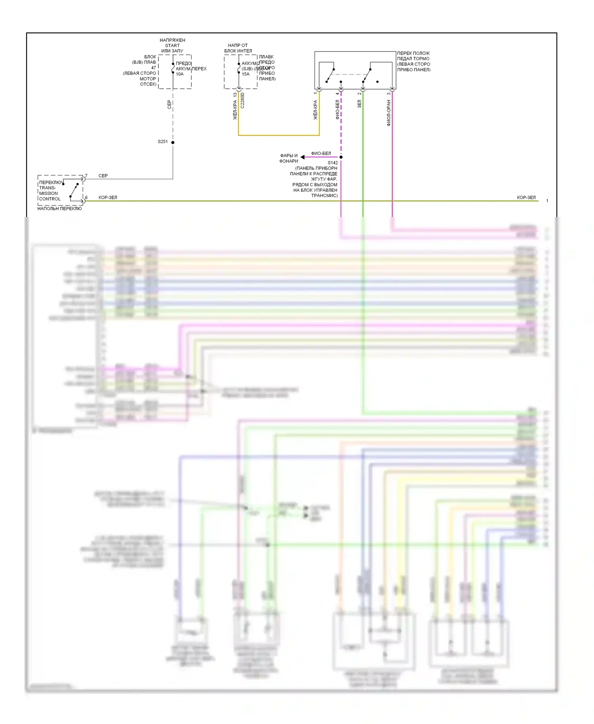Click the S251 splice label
click(x=163, y=141)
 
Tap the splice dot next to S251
click(x=173, y=142)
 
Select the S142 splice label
click(x=333, y=163)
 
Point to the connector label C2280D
click(x=242, y=101)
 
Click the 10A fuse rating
click(x=180, y=74)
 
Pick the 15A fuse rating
click(x=246, y=74)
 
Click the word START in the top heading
click(x=172, y=46)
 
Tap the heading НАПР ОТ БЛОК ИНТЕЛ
click(x=238, y=48)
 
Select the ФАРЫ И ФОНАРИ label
click(x=289, y=158)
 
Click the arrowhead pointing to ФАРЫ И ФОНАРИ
click(x=303, y=157)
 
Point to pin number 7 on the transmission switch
click(x=86, y=175)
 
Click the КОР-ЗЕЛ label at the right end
click(x=526, y=198)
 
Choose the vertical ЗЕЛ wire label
click(x=359, y=104)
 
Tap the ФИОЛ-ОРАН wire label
click(x=388, y=113)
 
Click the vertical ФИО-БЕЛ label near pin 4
click(x=337, y=109)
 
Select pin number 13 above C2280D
click(x=235, y=95)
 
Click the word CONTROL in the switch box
click(x=50, y=199)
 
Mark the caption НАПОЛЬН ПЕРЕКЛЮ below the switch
click(x=59, y=209)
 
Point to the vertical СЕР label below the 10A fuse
click(x=169, y=105)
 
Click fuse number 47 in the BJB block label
click(x=153, y=68)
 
